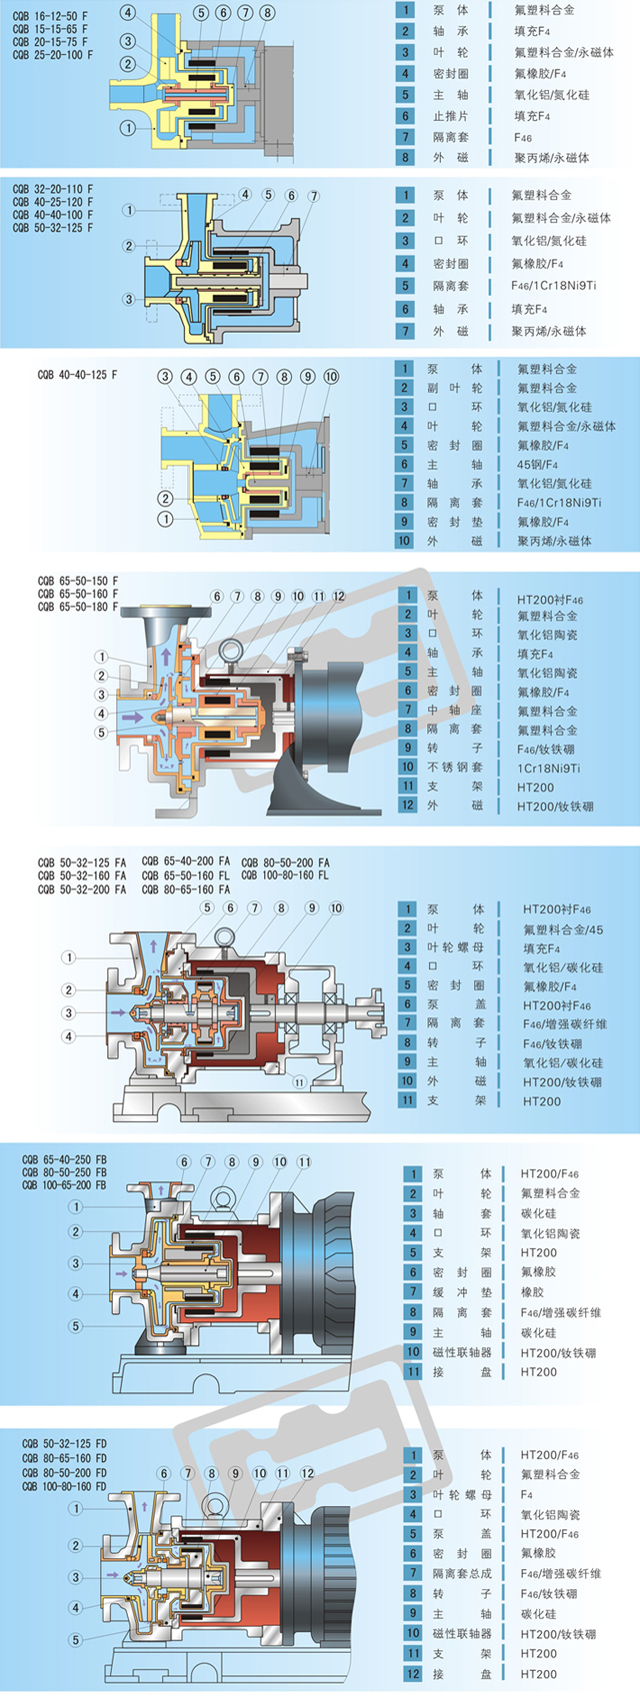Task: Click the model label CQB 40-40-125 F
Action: pos(77,375)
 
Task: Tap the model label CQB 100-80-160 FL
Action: pos(285,875)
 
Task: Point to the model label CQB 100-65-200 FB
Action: pos(65,1185)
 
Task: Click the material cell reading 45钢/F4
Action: pos(538,464)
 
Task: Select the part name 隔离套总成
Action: pos(462,1573)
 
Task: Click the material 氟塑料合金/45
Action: pos(562,929)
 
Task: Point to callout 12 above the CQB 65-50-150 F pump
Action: pos(339,597)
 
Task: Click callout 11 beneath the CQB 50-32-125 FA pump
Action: pos(298,1082)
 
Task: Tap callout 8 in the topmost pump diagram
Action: pos(267,13)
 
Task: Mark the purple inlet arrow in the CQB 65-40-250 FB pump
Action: pos(123,1273)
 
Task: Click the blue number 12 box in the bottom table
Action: pos(413,1673)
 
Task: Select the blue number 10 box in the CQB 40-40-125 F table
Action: pos(404,541)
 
